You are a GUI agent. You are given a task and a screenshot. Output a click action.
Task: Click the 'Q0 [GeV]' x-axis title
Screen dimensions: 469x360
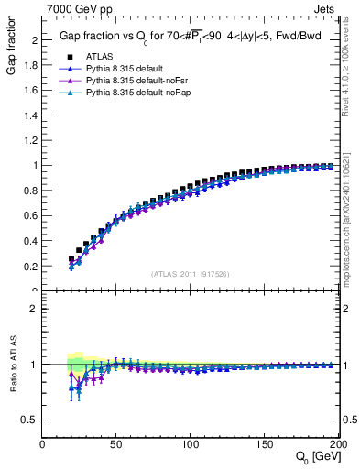(x=316, y=459)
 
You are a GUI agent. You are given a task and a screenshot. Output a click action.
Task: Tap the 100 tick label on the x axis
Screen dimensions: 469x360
(x=191, y=444)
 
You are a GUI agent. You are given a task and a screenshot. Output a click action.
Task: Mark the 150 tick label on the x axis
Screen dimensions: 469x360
(x=265, y=444)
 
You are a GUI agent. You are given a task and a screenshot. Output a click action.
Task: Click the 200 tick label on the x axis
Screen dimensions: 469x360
(x=337, y=444)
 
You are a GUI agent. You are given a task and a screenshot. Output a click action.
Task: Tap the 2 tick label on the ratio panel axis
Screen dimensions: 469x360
(x=36, y=309)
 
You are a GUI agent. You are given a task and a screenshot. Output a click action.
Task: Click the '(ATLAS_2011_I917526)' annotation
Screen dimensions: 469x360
(x=191, y=274)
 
